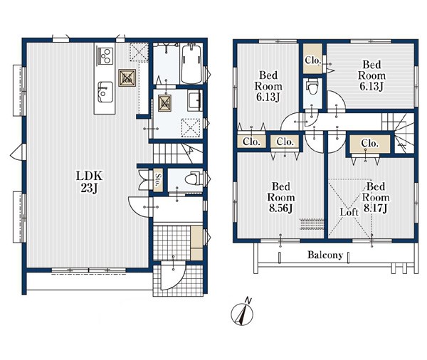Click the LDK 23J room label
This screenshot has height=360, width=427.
89,181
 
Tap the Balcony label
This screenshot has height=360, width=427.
325,255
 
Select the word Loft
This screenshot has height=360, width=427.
349,212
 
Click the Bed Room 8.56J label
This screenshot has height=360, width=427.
281,197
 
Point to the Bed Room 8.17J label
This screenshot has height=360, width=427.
376,197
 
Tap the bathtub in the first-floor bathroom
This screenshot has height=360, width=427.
191,64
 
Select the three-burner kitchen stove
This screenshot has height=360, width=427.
104,55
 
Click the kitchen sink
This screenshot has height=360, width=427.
105,92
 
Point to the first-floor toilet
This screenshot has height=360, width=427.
193,179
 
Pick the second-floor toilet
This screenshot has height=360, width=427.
312,86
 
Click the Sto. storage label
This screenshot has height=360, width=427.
158,180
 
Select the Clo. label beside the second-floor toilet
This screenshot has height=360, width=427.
312,60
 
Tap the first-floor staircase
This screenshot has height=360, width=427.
178,153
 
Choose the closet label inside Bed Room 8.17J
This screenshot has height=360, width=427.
369,143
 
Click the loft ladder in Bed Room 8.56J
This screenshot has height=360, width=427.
312,224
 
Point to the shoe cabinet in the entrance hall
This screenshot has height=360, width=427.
196,243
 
